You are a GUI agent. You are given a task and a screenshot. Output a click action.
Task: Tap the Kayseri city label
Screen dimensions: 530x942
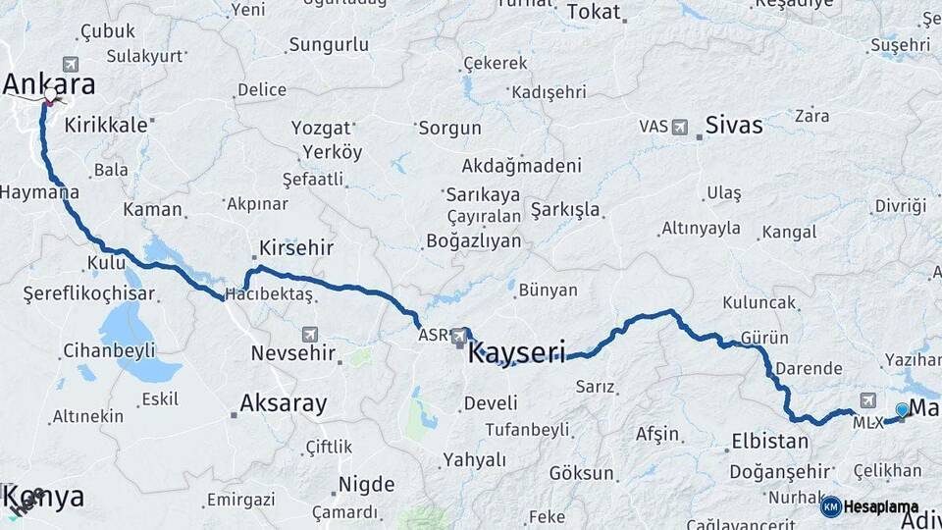516,352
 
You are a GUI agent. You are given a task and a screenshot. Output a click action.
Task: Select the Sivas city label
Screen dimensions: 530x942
734,126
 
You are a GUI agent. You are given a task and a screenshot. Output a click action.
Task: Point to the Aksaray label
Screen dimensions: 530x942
284,402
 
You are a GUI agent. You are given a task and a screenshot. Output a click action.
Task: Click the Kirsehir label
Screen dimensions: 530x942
296,248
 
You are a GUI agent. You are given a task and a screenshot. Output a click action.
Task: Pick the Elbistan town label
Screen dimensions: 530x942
769,442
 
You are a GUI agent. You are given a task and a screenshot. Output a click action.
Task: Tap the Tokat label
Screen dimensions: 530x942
593,13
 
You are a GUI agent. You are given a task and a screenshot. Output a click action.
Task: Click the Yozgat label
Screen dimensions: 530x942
321,129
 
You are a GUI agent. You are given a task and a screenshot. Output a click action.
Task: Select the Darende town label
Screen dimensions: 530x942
809,369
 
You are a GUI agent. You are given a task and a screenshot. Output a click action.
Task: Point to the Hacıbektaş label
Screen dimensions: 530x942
269,294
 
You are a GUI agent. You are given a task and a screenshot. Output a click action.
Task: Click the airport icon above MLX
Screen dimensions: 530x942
868,400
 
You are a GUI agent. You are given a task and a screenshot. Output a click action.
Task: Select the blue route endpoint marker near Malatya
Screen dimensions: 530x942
902,409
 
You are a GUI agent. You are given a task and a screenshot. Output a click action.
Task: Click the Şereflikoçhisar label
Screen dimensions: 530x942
89,292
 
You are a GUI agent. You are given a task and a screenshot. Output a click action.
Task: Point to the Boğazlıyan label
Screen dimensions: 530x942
473,240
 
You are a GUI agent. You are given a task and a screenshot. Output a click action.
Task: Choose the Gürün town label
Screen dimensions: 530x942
765,338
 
